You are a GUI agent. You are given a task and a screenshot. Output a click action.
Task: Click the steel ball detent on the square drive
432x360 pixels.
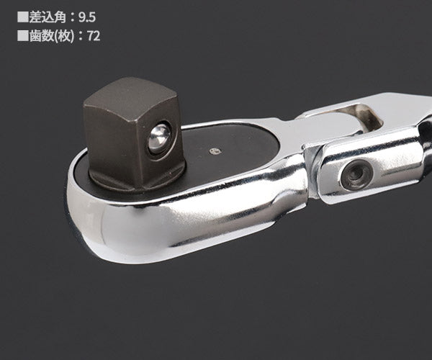[158, 138]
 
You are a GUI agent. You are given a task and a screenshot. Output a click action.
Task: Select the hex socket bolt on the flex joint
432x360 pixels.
[355, 174]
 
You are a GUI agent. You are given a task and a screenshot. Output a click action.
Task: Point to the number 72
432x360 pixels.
[93, 35]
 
